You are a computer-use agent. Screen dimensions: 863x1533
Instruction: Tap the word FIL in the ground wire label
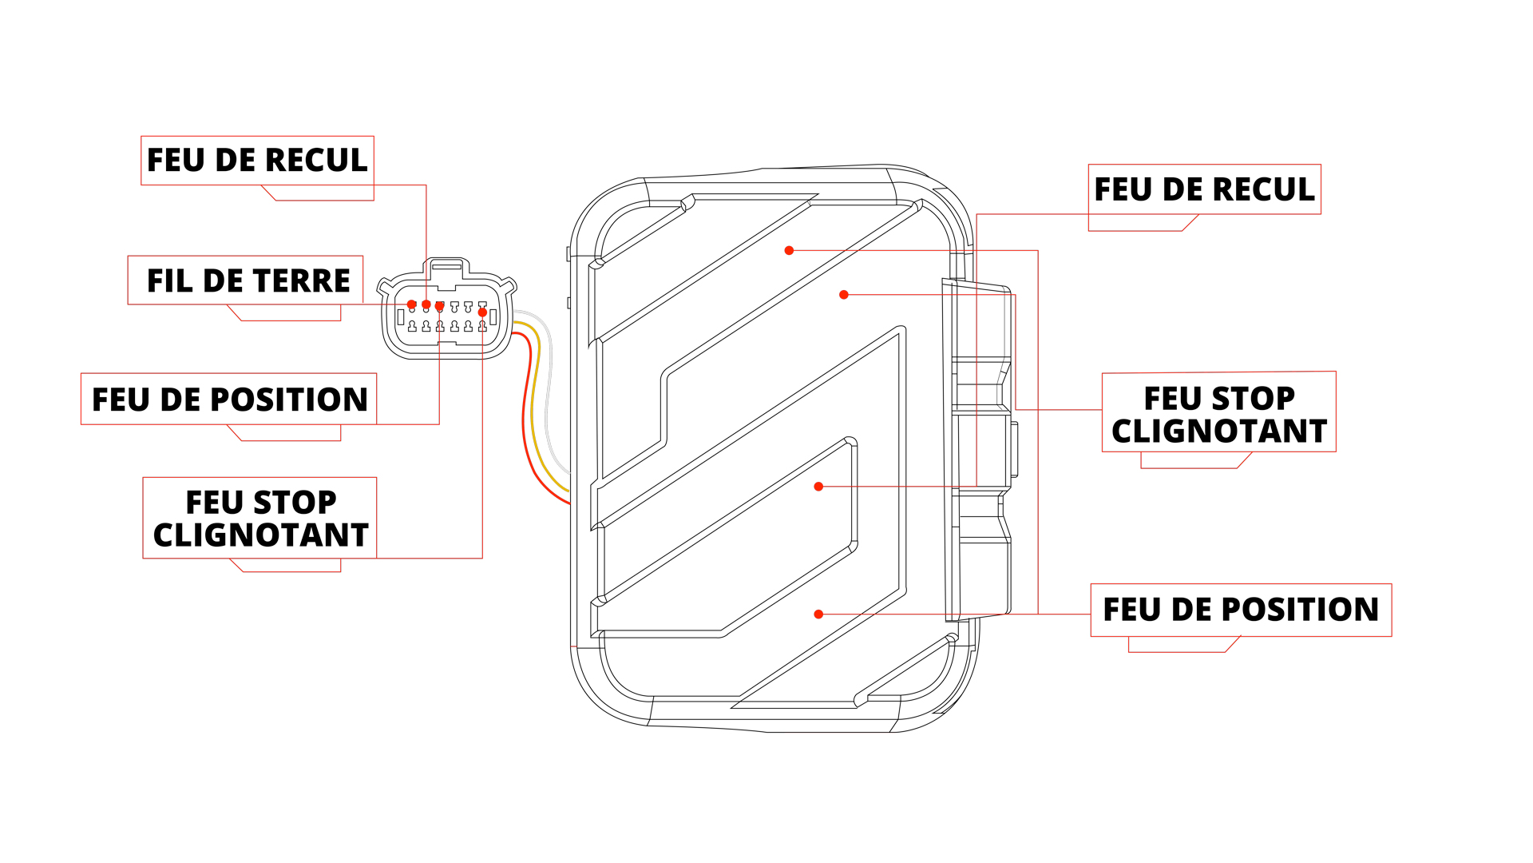[170, 281]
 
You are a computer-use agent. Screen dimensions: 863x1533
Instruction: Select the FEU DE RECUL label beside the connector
[257, 161]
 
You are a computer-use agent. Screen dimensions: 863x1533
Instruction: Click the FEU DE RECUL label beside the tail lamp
[1204, 190]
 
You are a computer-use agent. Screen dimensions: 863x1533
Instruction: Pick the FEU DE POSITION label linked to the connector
[229, 400]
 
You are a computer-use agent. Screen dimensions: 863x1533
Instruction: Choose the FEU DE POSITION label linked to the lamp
[1241, 610]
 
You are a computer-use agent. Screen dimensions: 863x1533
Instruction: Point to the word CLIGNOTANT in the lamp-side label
[1218, 431]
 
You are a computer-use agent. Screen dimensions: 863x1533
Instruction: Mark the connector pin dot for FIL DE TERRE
[412, 304]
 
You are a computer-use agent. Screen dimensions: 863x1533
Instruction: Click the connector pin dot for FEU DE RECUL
[426, 304]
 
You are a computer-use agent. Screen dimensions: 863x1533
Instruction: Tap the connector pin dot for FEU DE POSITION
[439, 306]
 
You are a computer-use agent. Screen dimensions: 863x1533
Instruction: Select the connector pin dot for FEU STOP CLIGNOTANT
[482, 312]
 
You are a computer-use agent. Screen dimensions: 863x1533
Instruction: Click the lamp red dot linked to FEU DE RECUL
[818, 487]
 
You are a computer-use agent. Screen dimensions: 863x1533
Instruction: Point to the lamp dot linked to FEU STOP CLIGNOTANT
[844, 295]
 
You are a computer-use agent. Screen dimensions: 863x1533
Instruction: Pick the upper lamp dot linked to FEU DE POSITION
[789, 251]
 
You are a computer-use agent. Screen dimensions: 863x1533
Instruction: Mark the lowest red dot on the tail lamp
[818, 614]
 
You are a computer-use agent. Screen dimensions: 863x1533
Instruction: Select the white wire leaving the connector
[549, 400]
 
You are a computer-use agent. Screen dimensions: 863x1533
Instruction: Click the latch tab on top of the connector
[446, 267]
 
